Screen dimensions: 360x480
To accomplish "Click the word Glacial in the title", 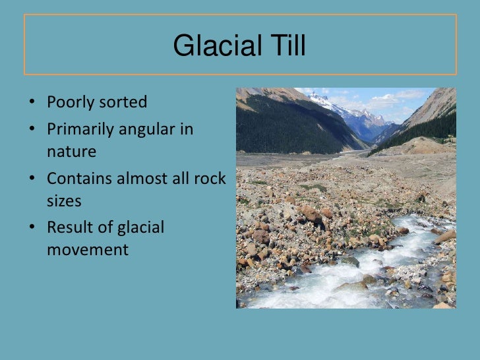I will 209,47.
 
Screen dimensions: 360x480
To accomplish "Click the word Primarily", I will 80,129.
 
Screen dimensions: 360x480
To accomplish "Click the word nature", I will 71,152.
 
